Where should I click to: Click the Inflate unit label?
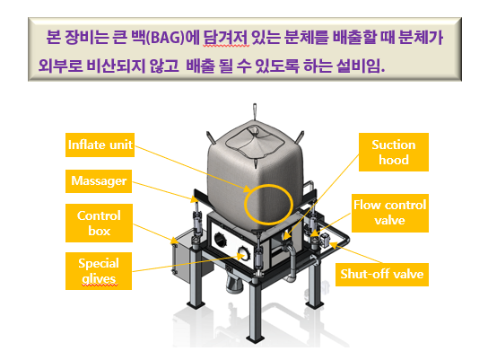click(x=100, y=145)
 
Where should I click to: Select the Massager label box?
click(x=99, y=181)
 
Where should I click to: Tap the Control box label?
click(x=99, y=223)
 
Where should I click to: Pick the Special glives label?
click(x=99, y=271)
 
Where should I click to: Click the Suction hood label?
click(x=394, y=152)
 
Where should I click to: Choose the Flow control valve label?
click(x=390, y=213)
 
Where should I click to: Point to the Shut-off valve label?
click(x=382, y=275)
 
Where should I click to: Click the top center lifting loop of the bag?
click(x=255, y=111)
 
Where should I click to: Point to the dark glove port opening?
click(x=221, y=240)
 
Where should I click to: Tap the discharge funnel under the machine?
click(x=235, y=284)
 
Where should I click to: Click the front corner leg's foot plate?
click(x=256, y=338)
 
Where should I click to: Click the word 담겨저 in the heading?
click(x=226, y=38)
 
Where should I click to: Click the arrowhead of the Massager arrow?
click(x=194, y=198)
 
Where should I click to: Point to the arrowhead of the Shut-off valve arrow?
click(x=334, y=245)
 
